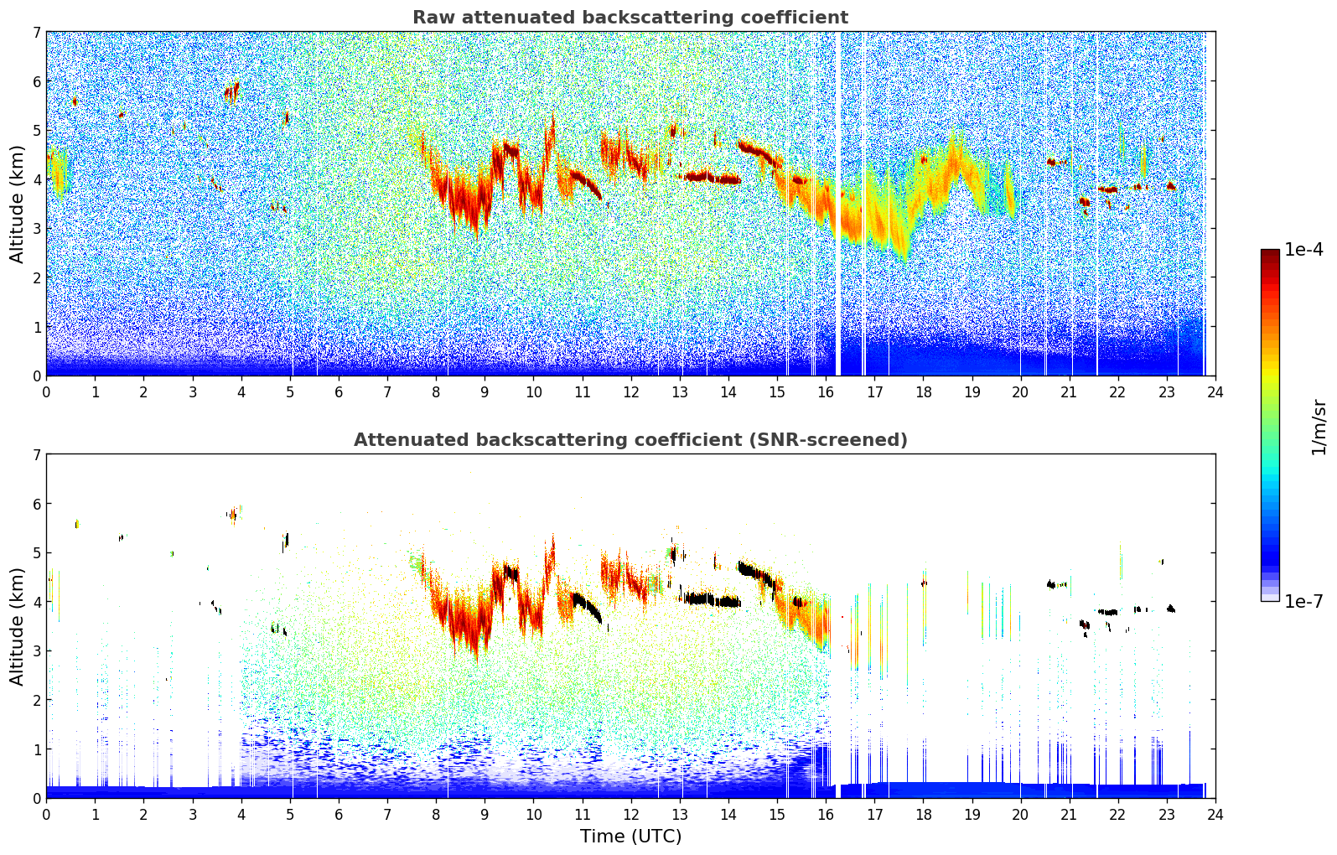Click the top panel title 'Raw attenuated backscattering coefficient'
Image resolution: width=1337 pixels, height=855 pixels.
pyautogui.click(x=630, y=18)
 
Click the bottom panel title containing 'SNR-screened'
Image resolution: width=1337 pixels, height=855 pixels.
pyautogui.click(x=630, y=440)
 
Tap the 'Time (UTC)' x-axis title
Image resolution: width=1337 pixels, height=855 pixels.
pyautogui.click(x=630, y=837)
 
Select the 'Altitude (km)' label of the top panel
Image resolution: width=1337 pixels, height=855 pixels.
pyautogui.click(x=17, y=204)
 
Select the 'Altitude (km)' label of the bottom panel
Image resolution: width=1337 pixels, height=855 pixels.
pyautogui.click(x=17, y=626)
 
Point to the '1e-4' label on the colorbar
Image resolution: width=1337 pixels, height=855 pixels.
pyautogui.click(x=1303, y=250)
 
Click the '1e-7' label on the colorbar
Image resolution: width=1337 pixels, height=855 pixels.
pyautogui.click(x=1303, y=601)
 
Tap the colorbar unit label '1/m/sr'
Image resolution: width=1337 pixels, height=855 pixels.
pyautogui.click(x=1319, y=426)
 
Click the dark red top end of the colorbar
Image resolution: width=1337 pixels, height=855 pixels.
pyautogui.click(x=1270, y=253)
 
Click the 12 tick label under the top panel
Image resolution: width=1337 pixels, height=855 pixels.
pyautogui.click(x=630, y=391)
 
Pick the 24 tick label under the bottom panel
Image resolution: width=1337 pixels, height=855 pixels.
pyautogui.click(x=1215, y=814)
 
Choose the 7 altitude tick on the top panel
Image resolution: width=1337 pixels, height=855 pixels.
pyautogui.click(x=36, y=32)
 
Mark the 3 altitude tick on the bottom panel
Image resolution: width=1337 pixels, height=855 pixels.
pyautogui.click(x=36, y=651)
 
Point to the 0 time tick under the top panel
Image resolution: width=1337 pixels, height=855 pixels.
pyautogui.click(x=46, y=391)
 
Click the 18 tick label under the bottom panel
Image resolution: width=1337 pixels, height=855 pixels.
pyautogui.click(x=923, y=814)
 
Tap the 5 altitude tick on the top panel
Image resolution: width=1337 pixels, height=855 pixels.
pyautogui.click(x=36, y=130)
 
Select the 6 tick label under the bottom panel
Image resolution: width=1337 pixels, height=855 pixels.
pyautogui.click(x=339, y=814)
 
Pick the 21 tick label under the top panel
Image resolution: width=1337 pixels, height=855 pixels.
pyautogui.click(x=1069, y=391)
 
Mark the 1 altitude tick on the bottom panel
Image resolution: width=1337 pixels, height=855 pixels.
pyautogui.click(x=36, y=749)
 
